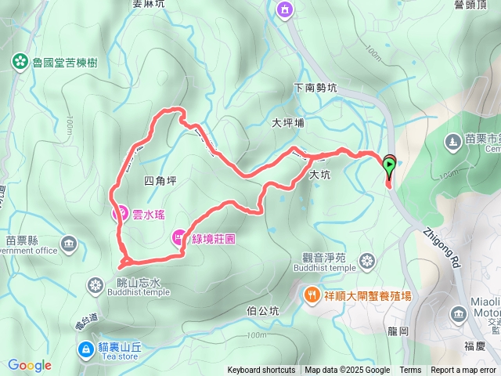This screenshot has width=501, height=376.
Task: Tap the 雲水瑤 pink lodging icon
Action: pos(121,211)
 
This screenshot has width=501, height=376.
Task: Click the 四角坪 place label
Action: pos(161,181)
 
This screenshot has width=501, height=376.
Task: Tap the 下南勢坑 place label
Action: pos(315,89)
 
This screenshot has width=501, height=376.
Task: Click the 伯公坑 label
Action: pos(262,311)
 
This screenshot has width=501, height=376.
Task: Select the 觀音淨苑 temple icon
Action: pos(366,260)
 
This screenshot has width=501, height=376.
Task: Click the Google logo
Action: pos(29,365)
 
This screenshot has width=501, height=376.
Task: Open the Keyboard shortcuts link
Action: pos(261,371)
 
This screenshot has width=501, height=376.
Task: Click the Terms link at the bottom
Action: pos(410,371)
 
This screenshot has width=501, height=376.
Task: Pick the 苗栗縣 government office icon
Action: pos(70,244)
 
